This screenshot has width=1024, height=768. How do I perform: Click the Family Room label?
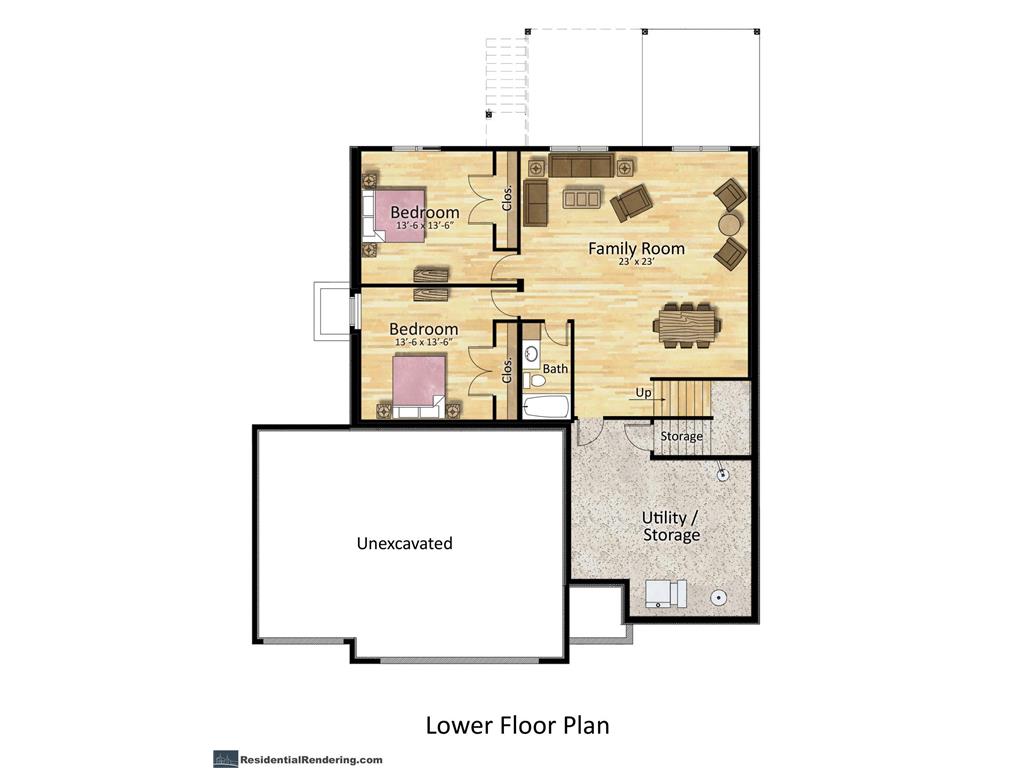[636, 248]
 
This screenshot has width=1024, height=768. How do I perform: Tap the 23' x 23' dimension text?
[636, 261]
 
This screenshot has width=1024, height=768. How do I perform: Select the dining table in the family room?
[688, 325]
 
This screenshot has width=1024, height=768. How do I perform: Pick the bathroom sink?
[531, 355]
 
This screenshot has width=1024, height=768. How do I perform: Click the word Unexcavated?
[404, 543]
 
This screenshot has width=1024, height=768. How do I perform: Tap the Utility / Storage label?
[671, 526]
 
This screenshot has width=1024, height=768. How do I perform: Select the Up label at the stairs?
[643, 392]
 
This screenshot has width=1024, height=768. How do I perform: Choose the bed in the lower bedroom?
[419, 385]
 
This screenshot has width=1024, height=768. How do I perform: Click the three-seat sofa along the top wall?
[581, 166]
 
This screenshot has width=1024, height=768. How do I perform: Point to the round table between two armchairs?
[730, 224]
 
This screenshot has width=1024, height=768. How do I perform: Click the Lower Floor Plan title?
[517, 725]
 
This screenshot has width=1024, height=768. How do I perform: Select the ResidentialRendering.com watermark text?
[311, 760]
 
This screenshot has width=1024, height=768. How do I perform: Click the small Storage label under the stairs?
[681, 436]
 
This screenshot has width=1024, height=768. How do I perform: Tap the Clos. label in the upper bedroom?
[507, 197]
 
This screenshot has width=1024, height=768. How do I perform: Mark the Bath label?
[555, 369]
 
